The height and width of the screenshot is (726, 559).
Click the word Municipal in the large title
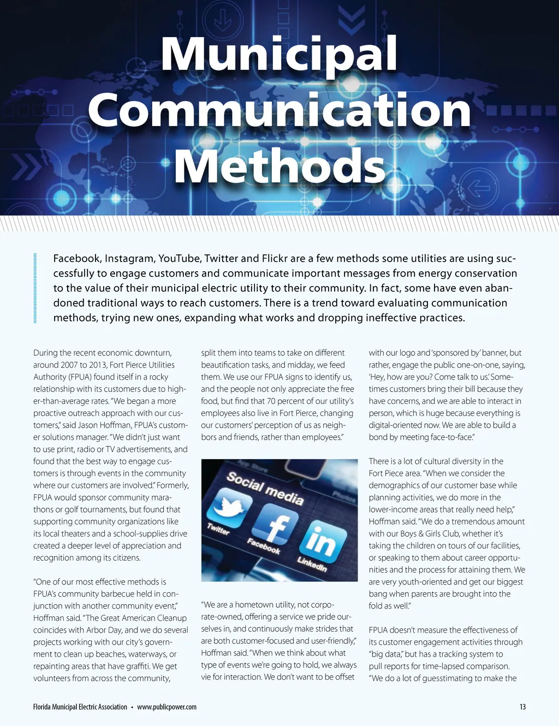pos(279,55)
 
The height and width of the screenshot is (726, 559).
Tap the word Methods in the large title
pos(279,166)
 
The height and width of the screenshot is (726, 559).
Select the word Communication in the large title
pos(279,111)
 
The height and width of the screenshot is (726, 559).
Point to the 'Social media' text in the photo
pos(265,487)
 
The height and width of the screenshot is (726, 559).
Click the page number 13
pos(522,707)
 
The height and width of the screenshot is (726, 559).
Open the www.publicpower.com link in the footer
pos(166,707)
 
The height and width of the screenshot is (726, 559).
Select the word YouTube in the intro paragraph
pos(180,258)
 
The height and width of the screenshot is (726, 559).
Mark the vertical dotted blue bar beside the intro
pos(35,288)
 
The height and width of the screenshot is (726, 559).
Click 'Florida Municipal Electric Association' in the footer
pos(80,707)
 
